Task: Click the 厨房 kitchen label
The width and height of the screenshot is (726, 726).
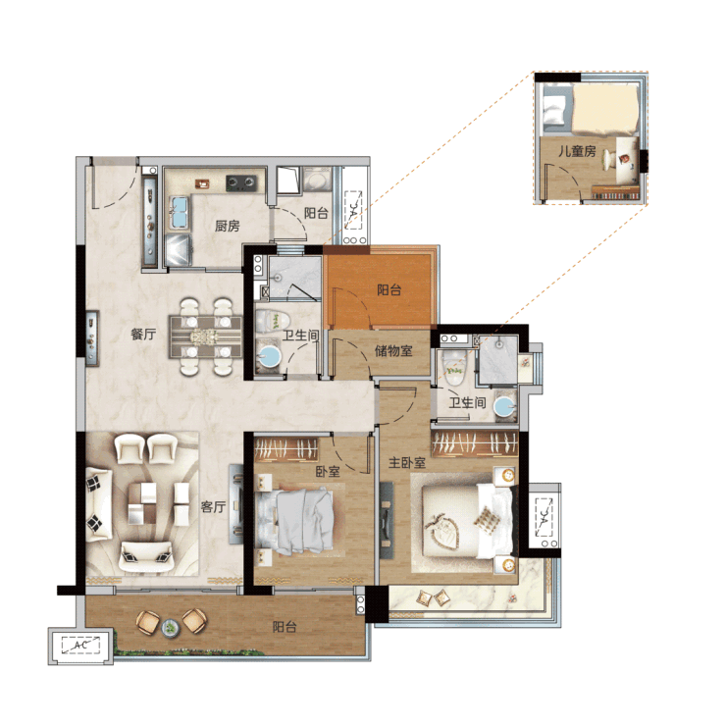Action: click(227, 226)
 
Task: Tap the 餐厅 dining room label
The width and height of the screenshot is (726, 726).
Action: click(143, 334)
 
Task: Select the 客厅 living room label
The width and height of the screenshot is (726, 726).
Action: click(213, 506)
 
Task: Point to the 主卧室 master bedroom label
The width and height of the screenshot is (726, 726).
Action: click(406, 462)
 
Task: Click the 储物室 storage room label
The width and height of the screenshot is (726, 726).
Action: click(393, 351)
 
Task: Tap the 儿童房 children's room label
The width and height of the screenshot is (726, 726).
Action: click(577, 151)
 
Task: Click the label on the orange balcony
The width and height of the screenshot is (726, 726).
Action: click(389, 290)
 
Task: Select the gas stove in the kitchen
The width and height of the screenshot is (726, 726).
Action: click(240, 182)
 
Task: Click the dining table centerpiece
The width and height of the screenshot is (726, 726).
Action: click(205, 337)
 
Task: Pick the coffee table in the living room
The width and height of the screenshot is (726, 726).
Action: click(142, 503)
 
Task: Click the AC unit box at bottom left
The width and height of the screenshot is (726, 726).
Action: click(80, 645)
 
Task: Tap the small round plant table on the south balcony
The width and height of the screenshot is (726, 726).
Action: click(171, 628)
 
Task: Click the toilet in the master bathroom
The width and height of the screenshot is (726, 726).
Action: click(456, 368)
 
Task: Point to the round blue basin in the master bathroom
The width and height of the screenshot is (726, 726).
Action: click(504, 406)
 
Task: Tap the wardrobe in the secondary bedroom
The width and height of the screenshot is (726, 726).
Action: click(286, 449)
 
